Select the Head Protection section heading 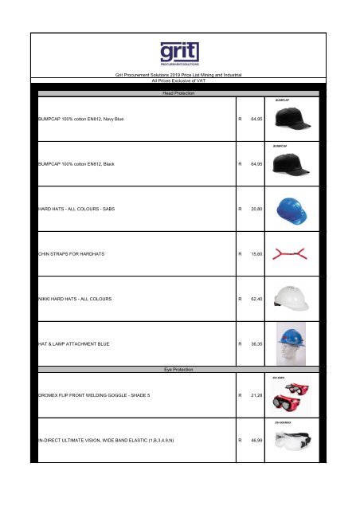click(179, 94)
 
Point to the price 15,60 click(256, 254)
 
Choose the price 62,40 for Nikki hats click(256, 300)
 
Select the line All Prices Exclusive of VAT click(179, 80)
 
